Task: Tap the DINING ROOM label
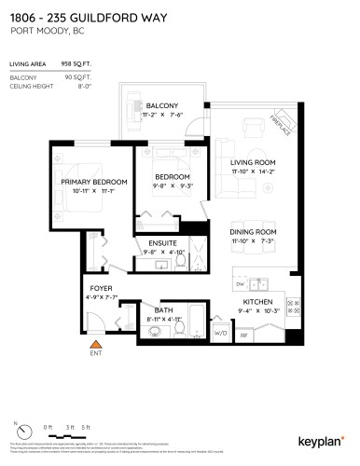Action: click(x=254, y=232)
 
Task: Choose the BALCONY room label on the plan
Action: click(x=162, y=105)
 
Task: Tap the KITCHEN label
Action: click(x=257, y=303)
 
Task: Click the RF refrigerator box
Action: click(x=244, y=334)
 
